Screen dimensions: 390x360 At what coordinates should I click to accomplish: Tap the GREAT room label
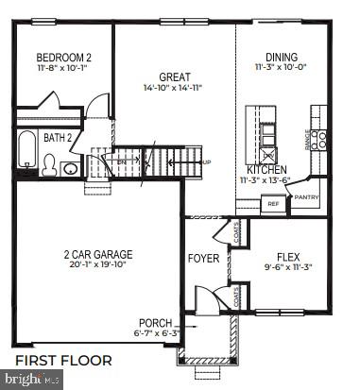click(x=175, y=77)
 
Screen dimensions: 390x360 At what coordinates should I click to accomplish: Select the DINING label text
click(x=282, y=57)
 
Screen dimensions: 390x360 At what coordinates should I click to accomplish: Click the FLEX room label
click(x=287, y=256)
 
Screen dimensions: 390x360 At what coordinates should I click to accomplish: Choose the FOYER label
click(x=203, y=258)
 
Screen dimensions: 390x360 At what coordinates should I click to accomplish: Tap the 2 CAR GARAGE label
click(x=98, y=254)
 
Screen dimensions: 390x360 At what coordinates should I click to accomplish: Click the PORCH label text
click(x=155, y=322)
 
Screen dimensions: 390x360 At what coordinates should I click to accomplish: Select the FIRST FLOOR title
click(x=63, y=360)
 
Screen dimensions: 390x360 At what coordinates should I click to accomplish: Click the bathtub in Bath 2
click(x=26, y=152)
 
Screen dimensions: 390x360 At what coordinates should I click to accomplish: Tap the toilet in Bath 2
click(x=49, y=166)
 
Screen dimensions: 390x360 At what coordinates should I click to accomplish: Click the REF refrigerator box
click(x=274, y=203)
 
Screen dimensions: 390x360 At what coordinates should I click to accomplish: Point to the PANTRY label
click(x=306, y=197)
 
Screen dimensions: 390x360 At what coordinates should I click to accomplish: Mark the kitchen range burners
click(x=320, y=141)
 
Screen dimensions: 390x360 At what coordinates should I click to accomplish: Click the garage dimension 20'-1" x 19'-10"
click(x=98, y=265)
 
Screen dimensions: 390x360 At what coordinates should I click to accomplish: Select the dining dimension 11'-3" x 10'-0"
click(x=282, y=67)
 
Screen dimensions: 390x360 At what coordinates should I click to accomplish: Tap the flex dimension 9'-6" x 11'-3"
click(x=287, y=267)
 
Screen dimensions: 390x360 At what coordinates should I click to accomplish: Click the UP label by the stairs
click(x=207, y=161)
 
